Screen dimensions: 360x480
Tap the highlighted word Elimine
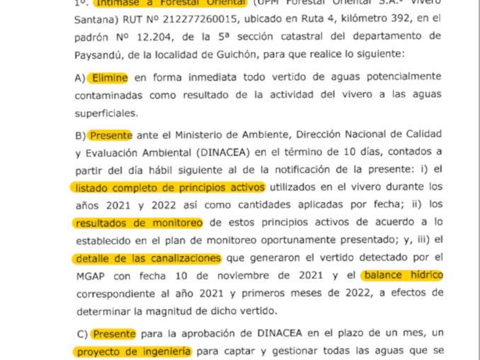108,76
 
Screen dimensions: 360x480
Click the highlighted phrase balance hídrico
401,274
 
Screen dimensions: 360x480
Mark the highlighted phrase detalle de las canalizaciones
147,257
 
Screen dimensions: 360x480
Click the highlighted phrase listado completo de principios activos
169,187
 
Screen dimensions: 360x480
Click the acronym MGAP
86,275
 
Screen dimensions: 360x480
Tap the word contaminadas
110,94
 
